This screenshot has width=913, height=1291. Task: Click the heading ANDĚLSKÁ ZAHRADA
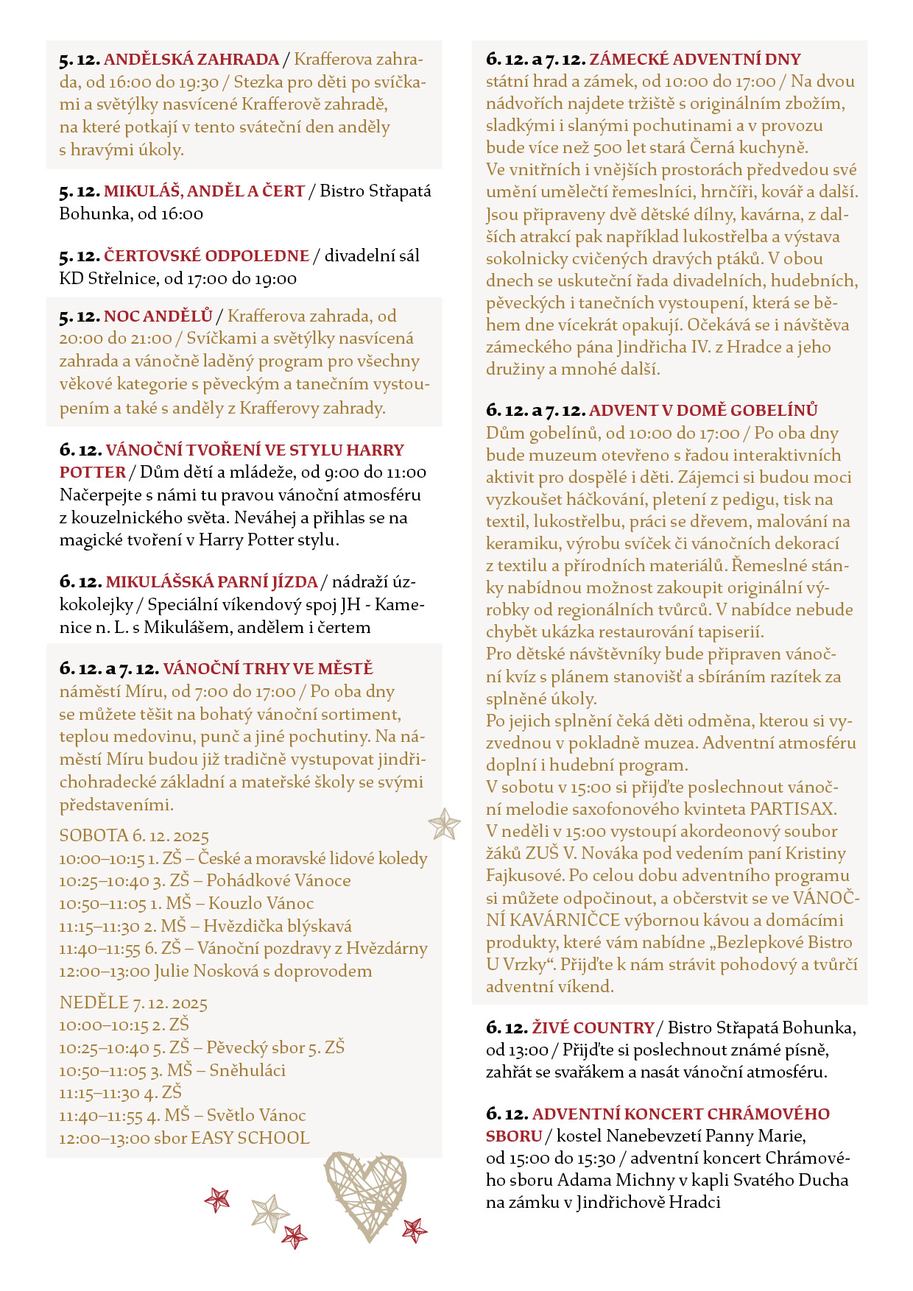[191, 60]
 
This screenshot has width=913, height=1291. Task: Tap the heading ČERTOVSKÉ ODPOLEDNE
[206, 255]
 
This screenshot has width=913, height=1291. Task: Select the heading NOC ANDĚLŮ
[158, 316]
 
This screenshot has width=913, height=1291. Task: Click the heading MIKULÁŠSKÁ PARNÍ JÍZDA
[212, 581]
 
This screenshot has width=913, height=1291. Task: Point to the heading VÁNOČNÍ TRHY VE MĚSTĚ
[268, 668]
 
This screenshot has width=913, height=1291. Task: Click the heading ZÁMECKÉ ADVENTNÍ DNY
[695, 59]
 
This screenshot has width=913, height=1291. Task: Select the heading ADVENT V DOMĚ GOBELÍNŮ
[703, 410]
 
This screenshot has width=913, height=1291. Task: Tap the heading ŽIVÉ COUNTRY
[593, 1028]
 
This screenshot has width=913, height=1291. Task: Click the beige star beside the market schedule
[444, 824]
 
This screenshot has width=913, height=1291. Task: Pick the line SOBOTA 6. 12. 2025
[134, 836]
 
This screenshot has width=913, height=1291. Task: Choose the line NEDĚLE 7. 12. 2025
[133, 1003]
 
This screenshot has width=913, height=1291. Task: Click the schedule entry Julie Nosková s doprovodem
[263, 971]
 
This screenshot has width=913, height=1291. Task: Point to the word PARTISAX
[792, 809]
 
